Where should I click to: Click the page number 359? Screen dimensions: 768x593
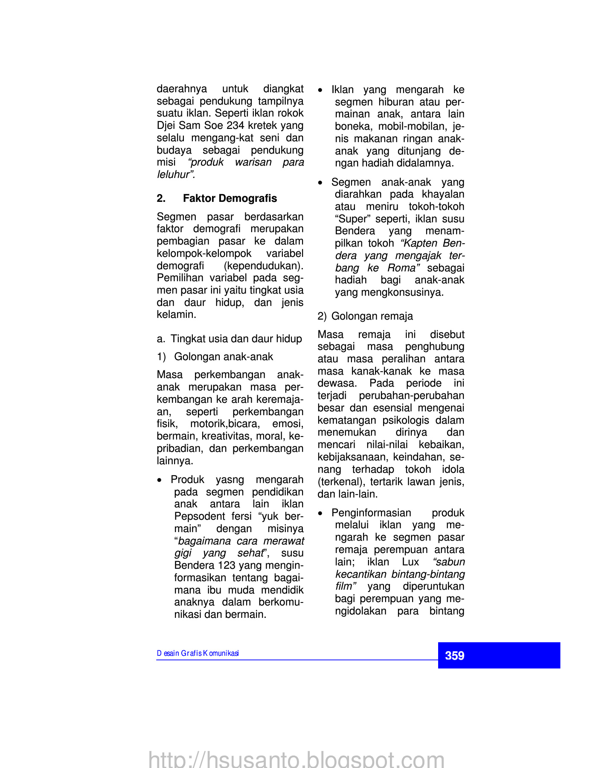pyautogui.click(x=454, y=655)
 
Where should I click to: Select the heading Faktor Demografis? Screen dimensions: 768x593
pyautogui.click(x=230, y=198)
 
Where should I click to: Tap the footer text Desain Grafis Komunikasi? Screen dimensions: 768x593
pyautogui.click(x=198, y=653)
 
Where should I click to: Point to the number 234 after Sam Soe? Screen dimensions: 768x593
pyautogui.click(x=235, y=125)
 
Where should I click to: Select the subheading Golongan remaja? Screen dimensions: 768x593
pyautogui.click(x=372, y=316)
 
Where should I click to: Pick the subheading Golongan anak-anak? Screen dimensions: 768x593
pyautogui.click(x=224, y=357)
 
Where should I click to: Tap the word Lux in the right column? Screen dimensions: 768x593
pyautogui.click(x=410, y=562)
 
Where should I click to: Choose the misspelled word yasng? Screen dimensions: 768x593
pyautogui.click(x=230, y=480)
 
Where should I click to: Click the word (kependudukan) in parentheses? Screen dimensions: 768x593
pyautogui.click(x=264, y=266)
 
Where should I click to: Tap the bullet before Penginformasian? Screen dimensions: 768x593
pyautogui.click(x=320, y=513)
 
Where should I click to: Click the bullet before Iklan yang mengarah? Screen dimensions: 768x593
pyautogui.click(x=320, y=90)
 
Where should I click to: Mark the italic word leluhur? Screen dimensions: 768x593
pyautogui.click(x=175, y=175)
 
